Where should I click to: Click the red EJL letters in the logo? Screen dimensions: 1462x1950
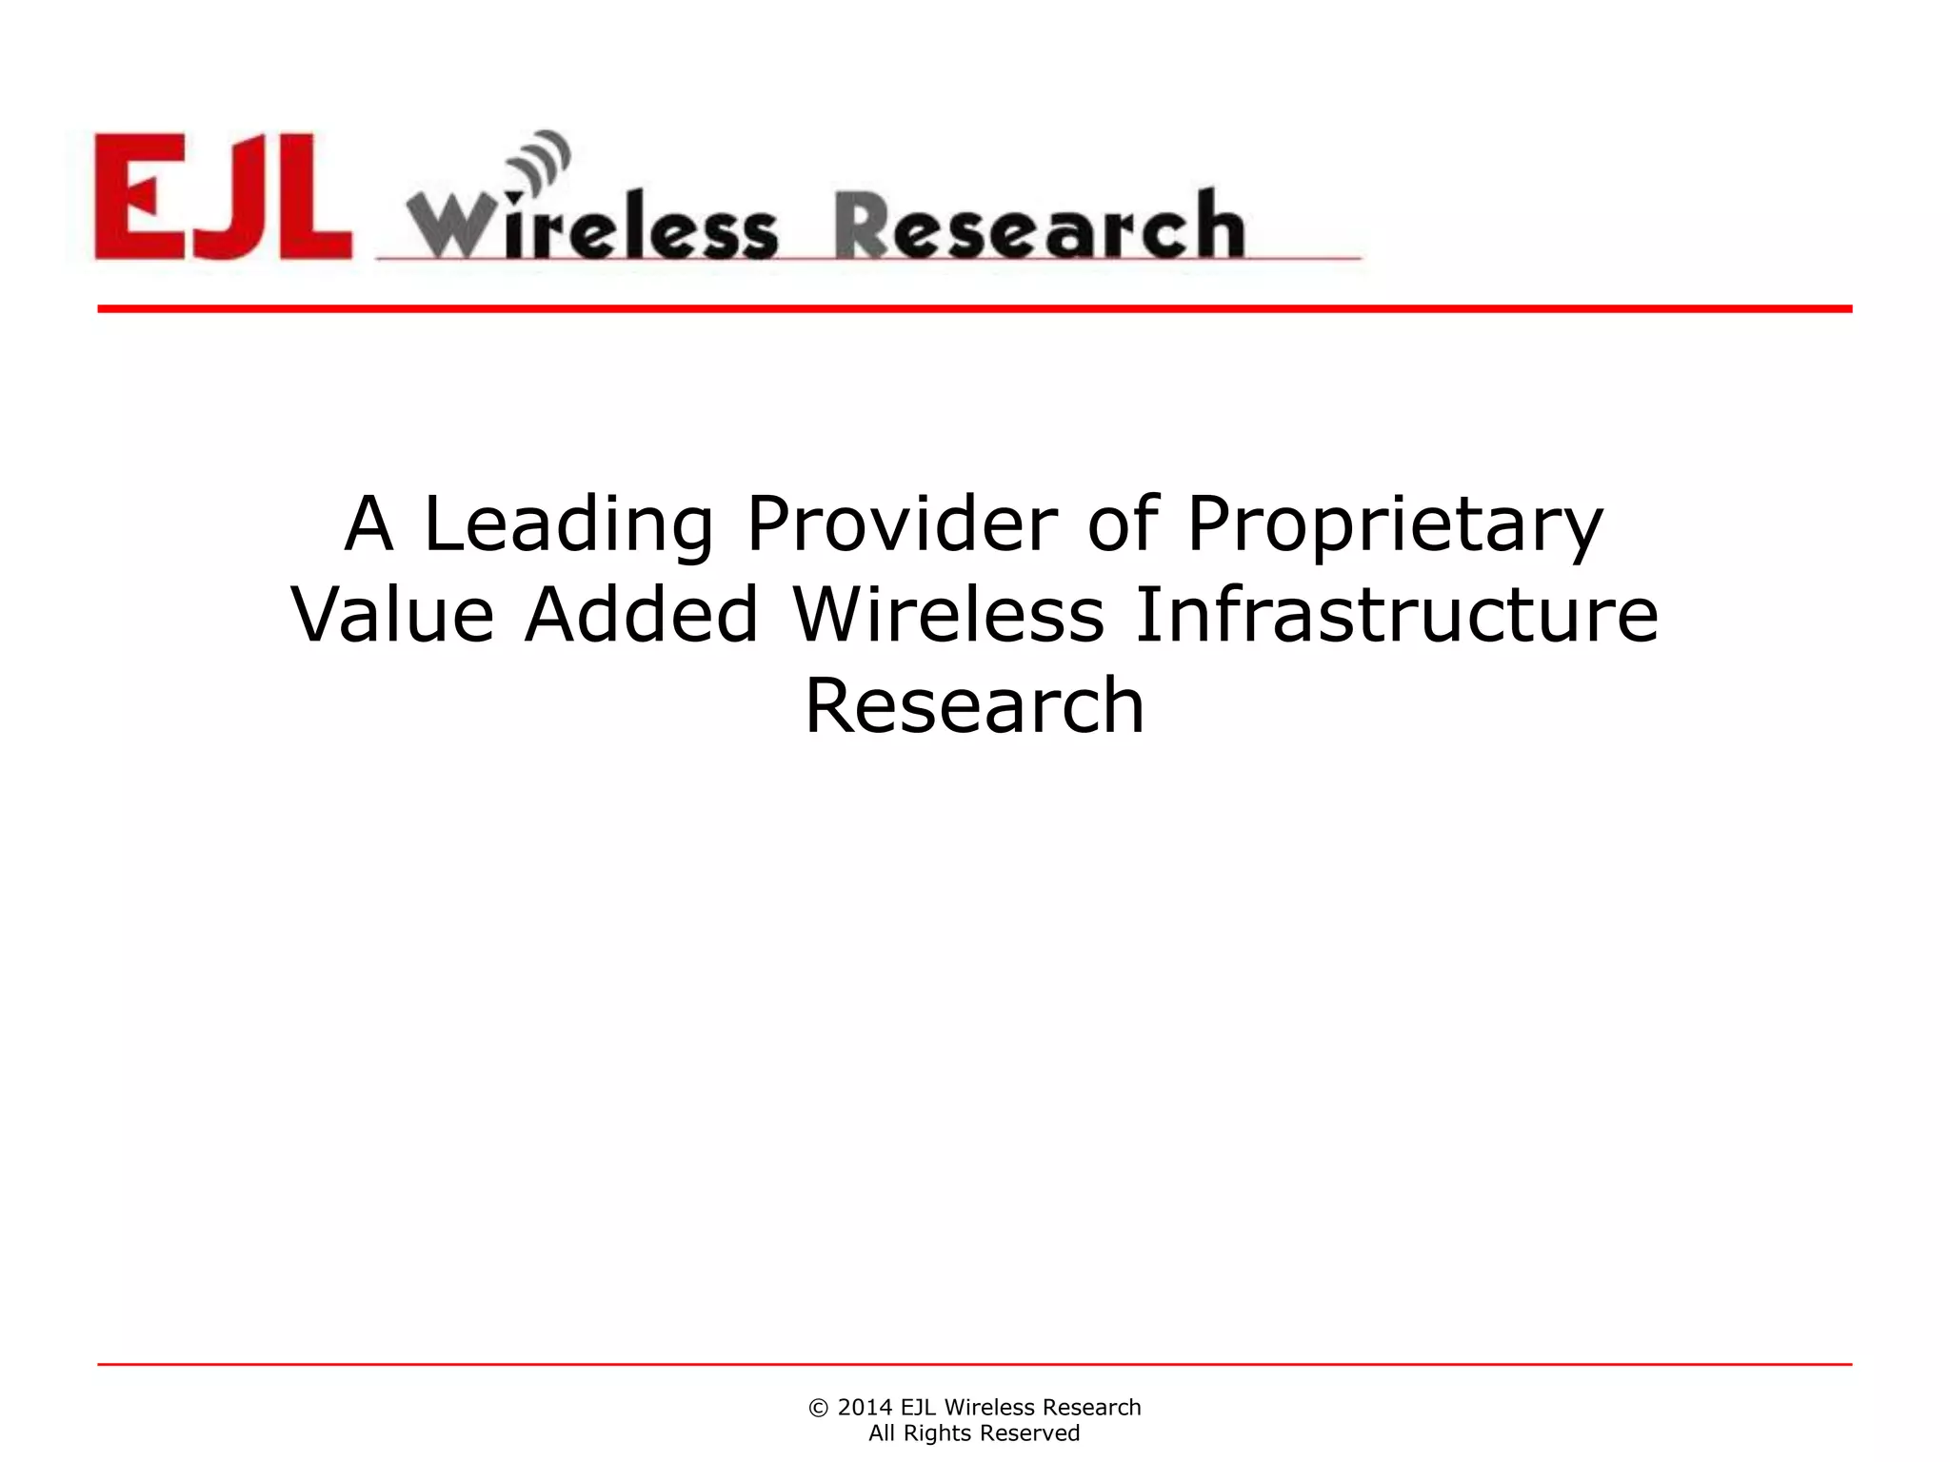(x=223, y=196)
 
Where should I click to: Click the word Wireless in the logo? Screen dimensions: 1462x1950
(x=592, y=227)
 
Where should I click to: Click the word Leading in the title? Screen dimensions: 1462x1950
(x=567, y=524)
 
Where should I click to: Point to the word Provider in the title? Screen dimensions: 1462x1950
(x=902, y=524)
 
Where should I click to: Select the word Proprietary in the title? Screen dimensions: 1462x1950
(x=1395, y=524)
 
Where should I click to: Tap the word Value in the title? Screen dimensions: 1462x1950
(x=392, y=615)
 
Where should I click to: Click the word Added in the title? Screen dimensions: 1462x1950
(x=642, y=615)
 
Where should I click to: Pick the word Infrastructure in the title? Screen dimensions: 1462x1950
(x=1397, y=615)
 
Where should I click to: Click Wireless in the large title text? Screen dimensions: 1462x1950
(x=948, y=615)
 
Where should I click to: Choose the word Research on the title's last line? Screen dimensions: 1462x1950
(x=974, y=705)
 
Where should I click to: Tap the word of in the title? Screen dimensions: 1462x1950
(x=1123, y=524)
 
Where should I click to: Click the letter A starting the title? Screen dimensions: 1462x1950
(x=368, y=524)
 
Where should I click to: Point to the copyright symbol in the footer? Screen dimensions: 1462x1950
(x=818, y=1408)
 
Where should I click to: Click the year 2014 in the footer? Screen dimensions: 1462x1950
(x=865, y=1408)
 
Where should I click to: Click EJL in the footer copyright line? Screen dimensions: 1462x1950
(x=918, y=1408)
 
